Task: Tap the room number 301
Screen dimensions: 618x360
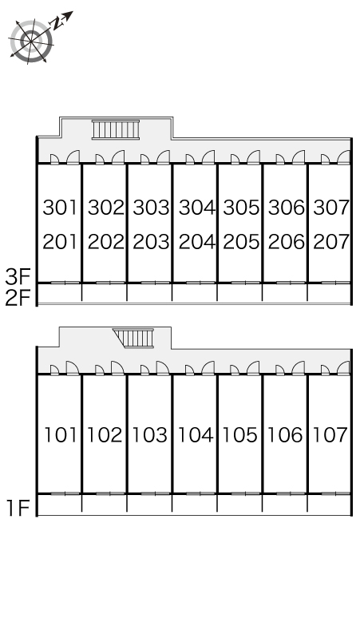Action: [x=60, y=208]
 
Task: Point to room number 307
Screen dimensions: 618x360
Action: [x=330, y=208]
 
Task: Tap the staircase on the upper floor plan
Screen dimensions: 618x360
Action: [x=116, y=129]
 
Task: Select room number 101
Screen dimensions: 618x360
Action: [x=60, y=435]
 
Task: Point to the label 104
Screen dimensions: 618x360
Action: [x=196, y=435]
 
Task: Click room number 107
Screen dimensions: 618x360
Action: [x=330, y=435]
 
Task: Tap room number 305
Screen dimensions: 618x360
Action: [x=240, y=208]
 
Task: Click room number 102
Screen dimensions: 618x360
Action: [x=105, y=435]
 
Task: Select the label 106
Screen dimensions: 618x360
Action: [x=286, y=435]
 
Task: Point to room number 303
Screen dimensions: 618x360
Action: [x=150, y=208]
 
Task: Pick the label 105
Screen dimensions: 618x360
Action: [x=240, y=435]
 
